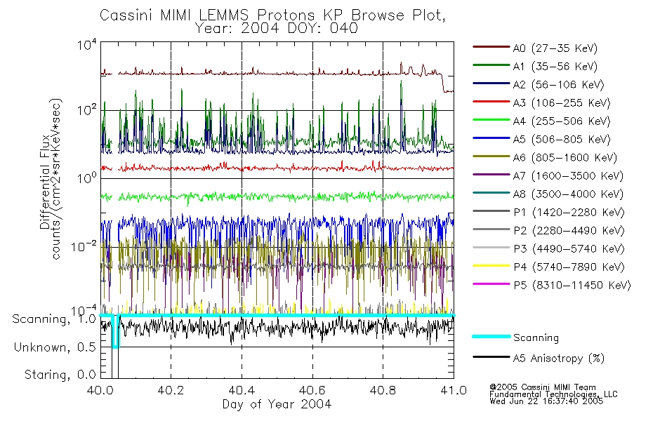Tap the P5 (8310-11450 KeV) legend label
pos(572,286)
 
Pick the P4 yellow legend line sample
pos(490,267)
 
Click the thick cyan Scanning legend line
pos(490,338)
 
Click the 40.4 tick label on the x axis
pos(242,390)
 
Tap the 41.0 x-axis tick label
pos(453,390)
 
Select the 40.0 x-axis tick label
pos(100,390)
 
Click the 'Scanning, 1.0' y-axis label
pos(54,319)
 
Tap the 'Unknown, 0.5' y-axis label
pos(55,347)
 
